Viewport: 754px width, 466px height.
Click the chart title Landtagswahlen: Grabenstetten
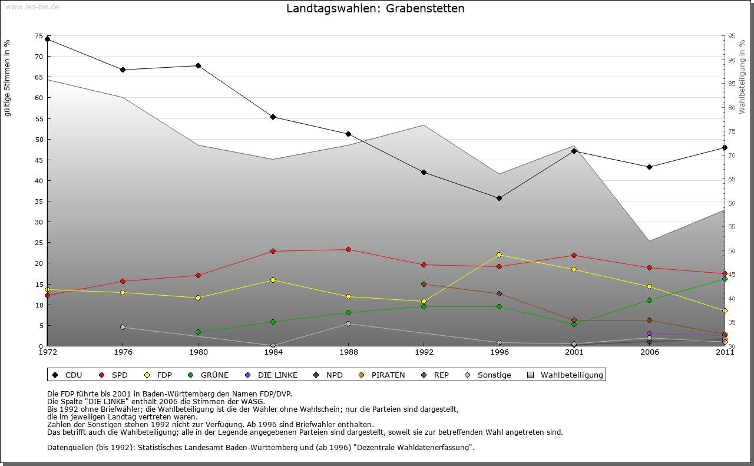point(375,9)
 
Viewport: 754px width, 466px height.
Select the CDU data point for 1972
point(47,39)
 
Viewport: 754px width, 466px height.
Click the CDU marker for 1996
point(499,198)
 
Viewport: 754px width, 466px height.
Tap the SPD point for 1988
point(348,249)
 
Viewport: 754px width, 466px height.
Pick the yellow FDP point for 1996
point(499,255)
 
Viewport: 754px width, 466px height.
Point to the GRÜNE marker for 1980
point(198,332)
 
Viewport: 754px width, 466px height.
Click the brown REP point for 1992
point(424,284)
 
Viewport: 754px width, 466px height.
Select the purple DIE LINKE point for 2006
point(649,334)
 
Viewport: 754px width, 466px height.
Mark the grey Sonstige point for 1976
point(123,327)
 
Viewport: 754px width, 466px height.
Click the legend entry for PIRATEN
point(388,375)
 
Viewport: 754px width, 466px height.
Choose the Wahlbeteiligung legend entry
point(571,375)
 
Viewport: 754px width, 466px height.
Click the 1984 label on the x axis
point(273,352)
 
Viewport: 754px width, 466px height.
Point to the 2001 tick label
point(574,352)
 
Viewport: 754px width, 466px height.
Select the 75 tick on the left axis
point(39,36)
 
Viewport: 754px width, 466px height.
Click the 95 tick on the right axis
point(731,36)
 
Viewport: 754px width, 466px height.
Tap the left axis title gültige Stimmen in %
point(8,78)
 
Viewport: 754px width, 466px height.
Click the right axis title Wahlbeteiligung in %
point(742,77)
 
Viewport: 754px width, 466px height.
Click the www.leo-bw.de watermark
point(32,6)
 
